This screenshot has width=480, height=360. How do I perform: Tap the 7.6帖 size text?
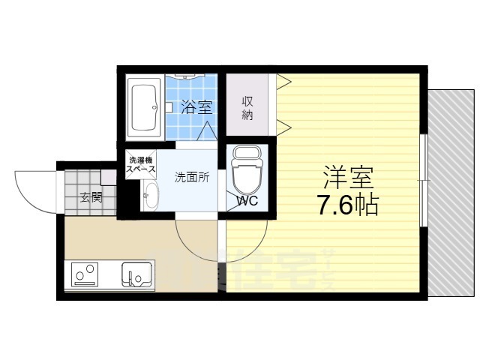(x=348, y=205)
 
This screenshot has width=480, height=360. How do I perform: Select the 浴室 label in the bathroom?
(x=197, y=107)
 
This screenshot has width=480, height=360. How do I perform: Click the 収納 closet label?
(x=247, y=108)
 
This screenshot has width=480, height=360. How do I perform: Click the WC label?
(x=247, y=201)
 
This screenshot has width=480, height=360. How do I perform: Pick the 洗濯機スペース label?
(x=140, y=165)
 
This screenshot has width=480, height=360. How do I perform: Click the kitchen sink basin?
(x=137, y=274)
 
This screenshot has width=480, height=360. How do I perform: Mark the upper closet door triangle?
(x=283, y=79)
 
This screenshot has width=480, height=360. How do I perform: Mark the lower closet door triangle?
(x=283, y=123)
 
